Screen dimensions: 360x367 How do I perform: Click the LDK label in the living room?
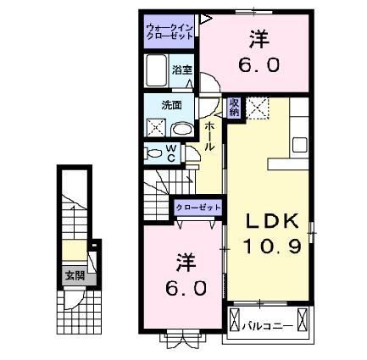pyautogui.click(x=272, y=221)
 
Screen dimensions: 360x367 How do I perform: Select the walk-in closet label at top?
pyautogui.click(x=170, y=32)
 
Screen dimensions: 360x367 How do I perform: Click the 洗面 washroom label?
pyautogui.click(x=172, y=107)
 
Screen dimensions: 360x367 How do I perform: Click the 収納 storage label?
pyautogui.click(x=235, y=108)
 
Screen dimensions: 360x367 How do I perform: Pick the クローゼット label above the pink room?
pyautogui.click(x=199, y=207)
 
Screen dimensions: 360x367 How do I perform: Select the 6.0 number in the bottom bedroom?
pyautogui.click(x=185, y=288)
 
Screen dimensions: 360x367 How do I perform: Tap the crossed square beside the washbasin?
pyautogui.click(x=157, y=129)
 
